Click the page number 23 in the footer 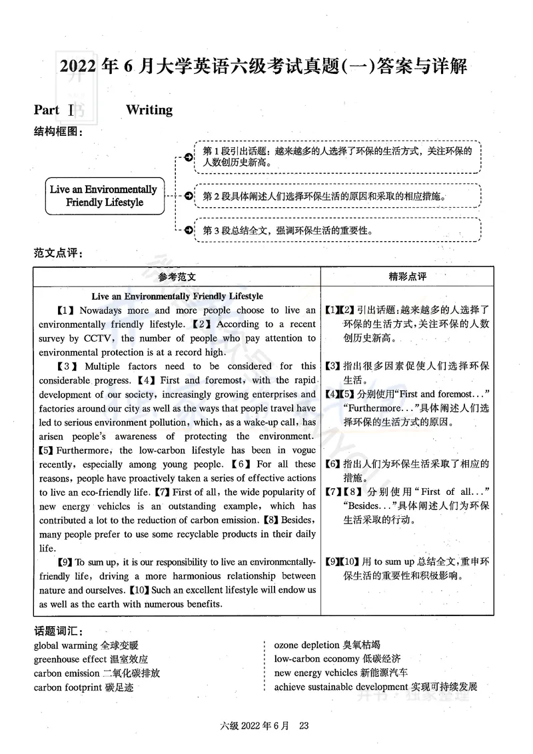(305, 726)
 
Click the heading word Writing (149, 110)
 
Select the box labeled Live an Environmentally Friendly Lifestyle (103, 196)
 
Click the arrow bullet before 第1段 (189, 157)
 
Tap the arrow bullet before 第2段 (189, 196)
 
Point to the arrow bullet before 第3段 (189, 230)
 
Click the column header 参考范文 (177, 276)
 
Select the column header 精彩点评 (407, 276)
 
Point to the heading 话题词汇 (57, 630)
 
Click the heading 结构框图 (57, 132)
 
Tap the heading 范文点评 (57, 253)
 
